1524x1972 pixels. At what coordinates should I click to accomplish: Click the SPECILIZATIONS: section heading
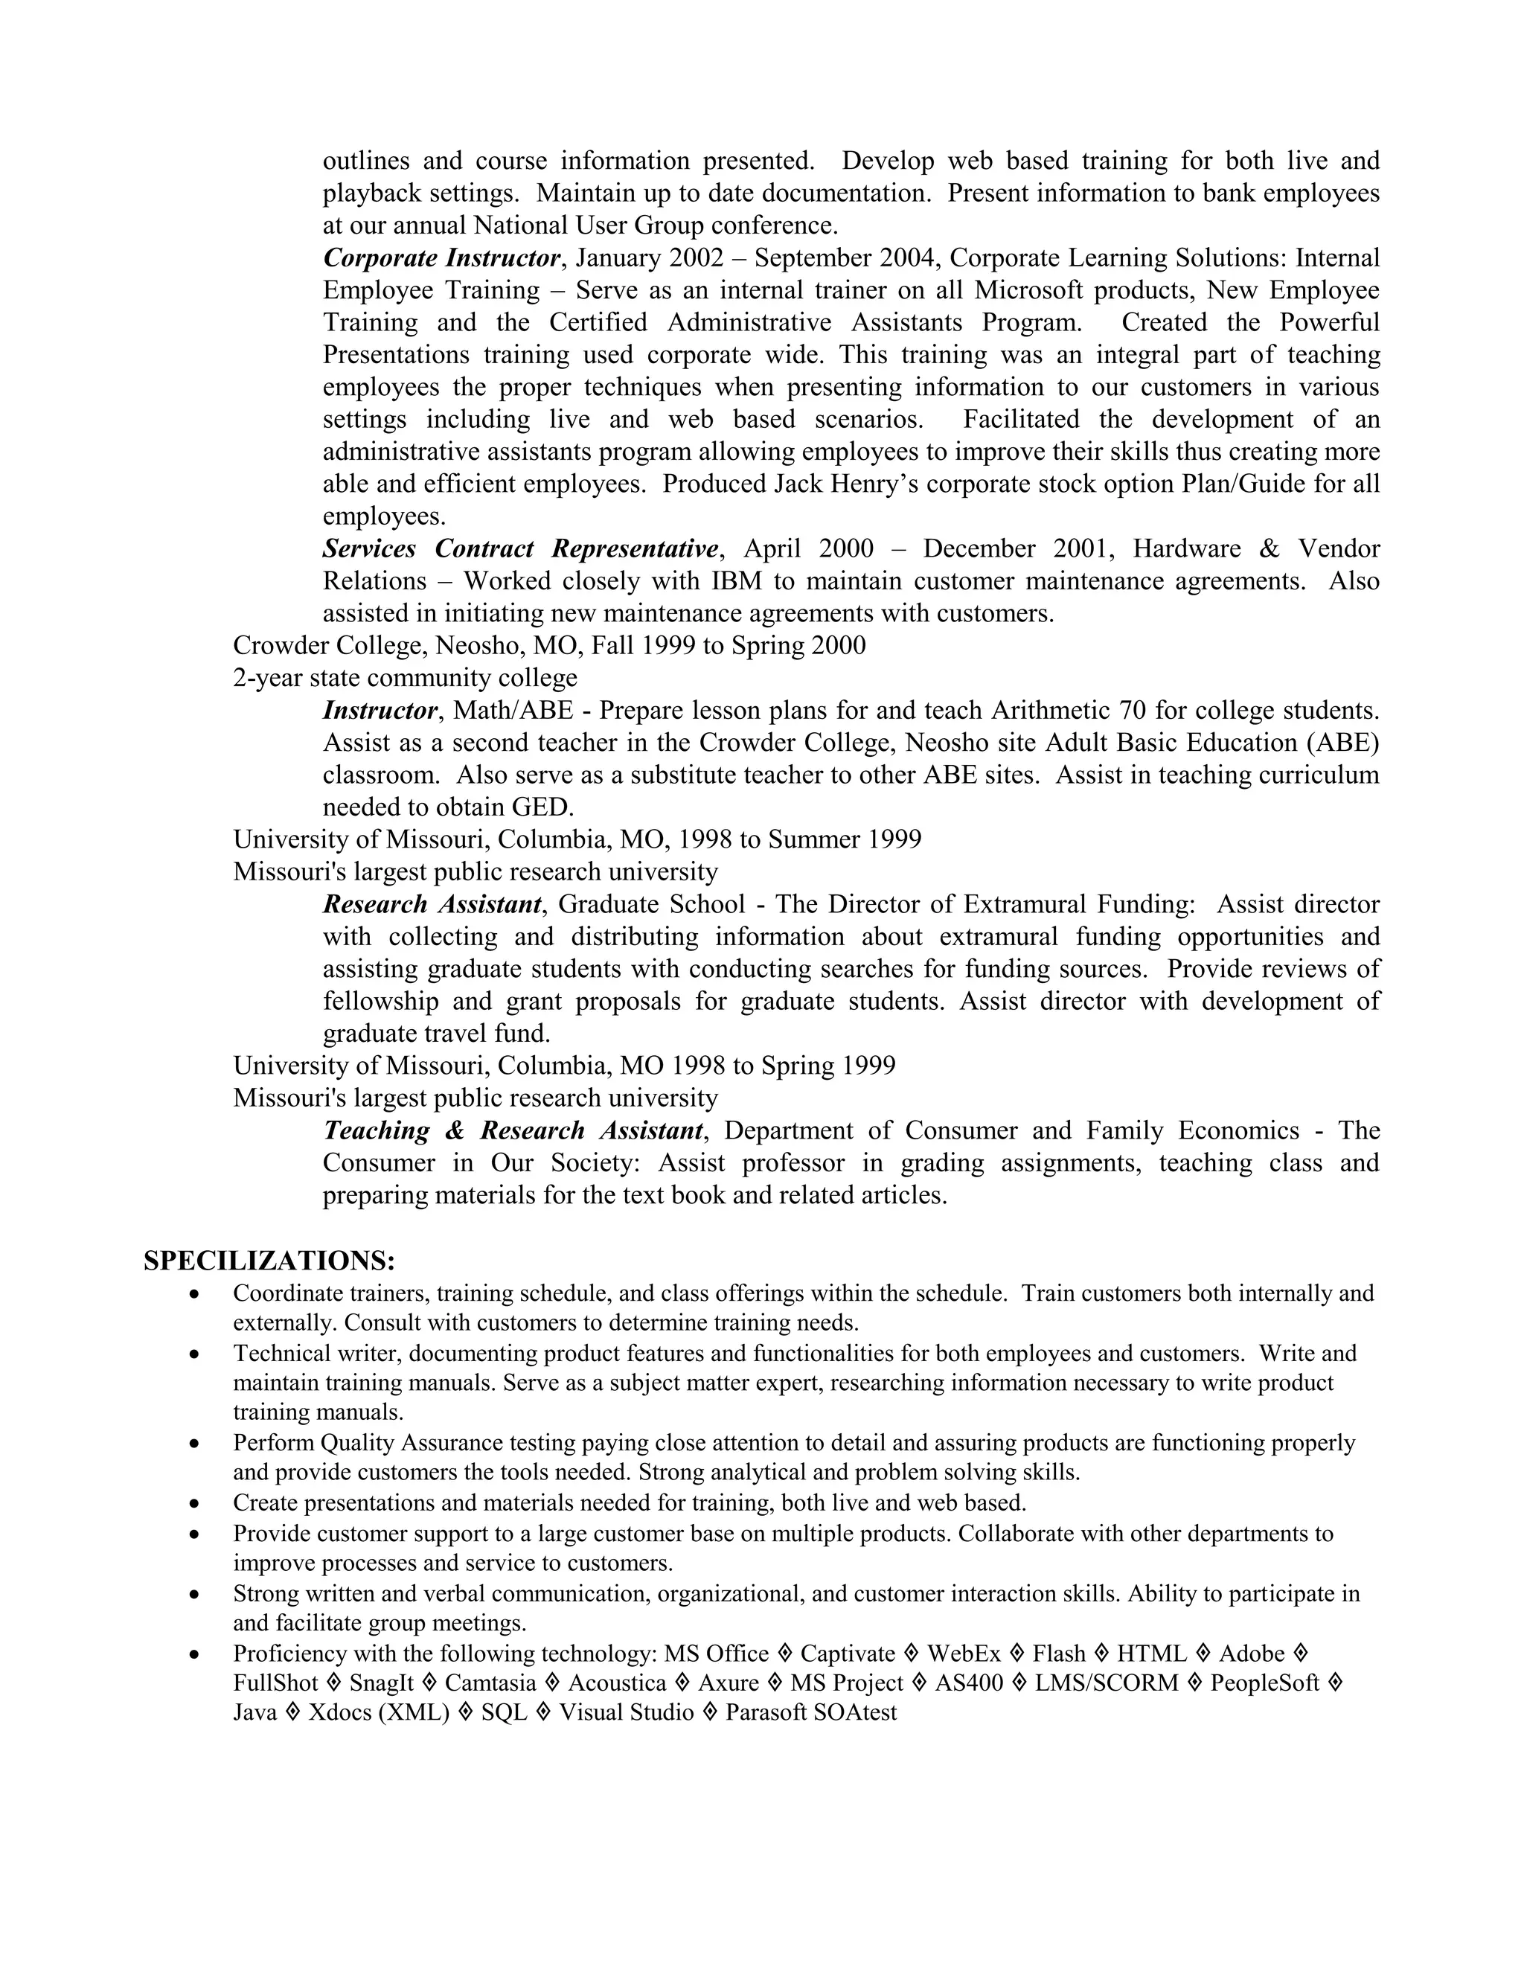click(269, 1261)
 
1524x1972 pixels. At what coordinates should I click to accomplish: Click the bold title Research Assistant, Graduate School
click(432, 905)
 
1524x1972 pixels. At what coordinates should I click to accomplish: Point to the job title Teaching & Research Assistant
click(513, 1130)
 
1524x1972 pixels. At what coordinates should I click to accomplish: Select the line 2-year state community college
click(405, 678)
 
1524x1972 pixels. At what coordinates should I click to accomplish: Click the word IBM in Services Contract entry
click(737, 581)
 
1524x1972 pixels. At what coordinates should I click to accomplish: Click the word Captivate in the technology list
click(847, 1654)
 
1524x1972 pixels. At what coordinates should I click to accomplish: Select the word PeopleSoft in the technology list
click(1264, 1683)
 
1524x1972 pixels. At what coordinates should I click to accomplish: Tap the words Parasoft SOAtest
click(811, 1713)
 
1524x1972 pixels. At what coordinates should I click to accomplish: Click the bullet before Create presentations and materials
click(194, 1504)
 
